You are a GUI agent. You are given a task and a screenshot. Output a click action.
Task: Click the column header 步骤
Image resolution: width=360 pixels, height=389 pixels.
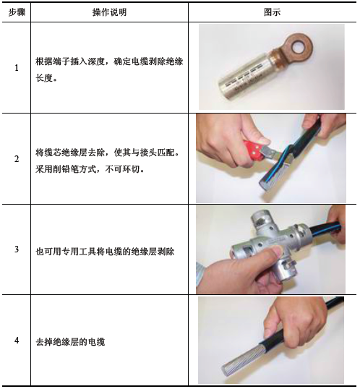(17, 12)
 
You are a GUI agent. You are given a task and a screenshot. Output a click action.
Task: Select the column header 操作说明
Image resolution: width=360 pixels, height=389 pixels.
(109, 12)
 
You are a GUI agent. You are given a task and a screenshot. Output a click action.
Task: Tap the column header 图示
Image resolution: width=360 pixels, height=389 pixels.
(273, 12)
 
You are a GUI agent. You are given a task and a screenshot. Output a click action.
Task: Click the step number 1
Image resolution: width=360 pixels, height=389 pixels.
(17, 67)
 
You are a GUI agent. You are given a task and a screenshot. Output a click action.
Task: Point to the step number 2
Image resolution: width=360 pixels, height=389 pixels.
(17, 159)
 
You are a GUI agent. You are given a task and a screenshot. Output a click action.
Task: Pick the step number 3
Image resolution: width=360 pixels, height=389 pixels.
(17, 249)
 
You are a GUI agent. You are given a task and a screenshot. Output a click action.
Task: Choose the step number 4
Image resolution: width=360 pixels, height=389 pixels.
(17, 340)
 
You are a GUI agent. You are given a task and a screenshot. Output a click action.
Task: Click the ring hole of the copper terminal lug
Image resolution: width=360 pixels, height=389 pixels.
(299, 46)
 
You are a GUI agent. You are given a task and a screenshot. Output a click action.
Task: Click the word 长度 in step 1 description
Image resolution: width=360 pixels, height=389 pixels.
(44, 78)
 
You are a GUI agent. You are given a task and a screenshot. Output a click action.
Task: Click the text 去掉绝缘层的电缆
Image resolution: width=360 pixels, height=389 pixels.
(70, 342)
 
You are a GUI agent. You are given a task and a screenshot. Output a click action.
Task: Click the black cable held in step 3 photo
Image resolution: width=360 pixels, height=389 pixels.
(326, 228)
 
